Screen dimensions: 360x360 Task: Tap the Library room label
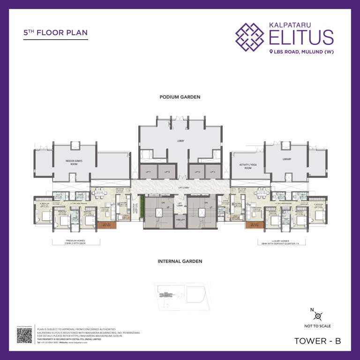(x=287, y=159)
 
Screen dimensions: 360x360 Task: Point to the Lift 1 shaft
(x=149, y=172)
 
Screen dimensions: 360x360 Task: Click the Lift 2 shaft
(x=167, y=172)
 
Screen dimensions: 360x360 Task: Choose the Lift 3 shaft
(x=197, y=172)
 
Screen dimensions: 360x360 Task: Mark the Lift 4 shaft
(x=212, y=172)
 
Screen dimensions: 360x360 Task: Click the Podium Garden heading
(x=180, y=97)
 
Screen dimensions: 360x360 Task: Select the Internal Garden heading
(x=180, y=261)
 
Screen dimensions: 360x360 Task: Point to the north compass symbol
(x=317, y=316)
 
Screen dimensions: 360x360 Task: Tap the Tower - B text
(x=317, y=341)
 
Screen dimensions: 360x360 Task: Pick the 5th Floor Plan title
(x=55, y=33)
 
